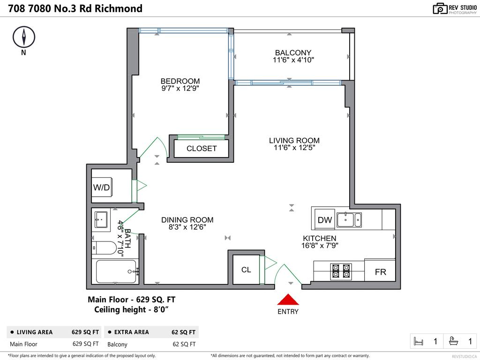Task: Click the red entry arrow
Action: pyautogui.click(x=288, y=300)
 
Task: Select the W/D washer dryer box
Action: pyautogui.click(x=102, y=187)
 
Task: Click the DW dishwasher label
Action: pyautogui.click(x=324, y=220)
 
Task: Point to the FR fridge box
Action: pyautogui.click(x=380, y=271)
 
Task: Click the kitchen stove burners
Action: pyautogui.click(x=341, y=271)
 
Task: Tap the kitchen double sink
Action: pyautogui.click(x=349, y=219)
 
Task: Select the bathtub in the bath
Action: pyautogui.click(x=116, y=271)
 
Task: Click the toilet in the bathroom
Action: pyautogui.click(x=105, y=247)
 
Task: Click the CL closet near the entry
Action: pyautogui.click(x=246, y=270)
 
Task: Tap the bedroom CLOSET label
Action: pyautogui.click(x=202, y=149)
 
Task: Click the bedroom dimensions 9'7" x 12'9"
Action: pyautogui.click(x=180, y=88)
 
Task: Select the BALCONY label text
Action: pyautogui.click(x=293, y=52)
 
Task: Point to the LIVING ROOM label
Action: pyautogui.click(x=294, y=140)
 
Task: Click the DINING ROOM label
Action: pyautogui.click(x=187, y=219)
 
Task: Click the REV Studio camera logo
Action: pyautogui.click(x=440, y=8)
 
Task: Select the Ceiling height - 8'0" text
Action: pyautogui.click(x=131, y=309)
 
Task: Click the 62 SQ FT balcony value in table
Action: pyautogui.click(x=183, y=344)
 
